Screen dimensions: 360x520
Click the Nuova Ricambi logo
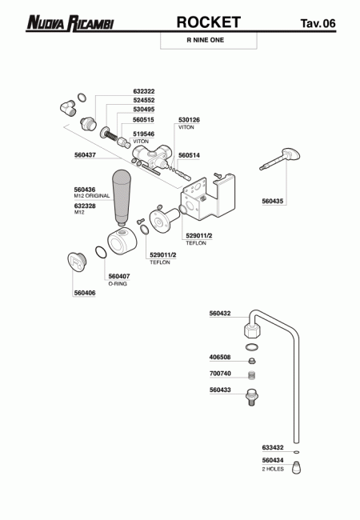click(x=70, y=23)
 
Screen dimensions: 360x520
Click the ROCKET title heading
click(x=209, y=22)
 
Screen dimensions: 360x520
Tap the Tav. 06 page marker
click(x=318, y=23)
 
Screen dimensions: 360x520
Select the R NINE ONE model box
click(x=209, y=41)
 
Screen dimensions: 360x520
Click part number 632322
click(x=144, y=91)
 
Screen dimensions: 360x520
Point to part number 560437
click(x=85, y=155)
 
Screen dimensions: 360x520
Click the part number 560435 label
click(x=273, y=201)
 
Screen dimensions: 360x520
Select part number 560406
click(x=85, y=293)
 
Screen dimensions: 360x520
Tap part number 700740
click(x=220, y=374)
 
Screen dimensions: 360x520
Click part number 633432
click(x=273, y=448)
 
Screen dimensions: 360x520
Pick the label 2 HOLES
click(x=273, y=469)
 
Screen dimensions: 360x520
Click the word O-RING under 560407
click(x=118, y=284)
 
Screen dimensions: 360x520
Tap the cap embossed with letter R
click(x=77, y=262)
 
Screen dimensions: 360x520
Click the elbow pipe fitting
click(x=68, y=107)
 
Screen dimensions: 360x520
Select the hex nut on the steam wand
click(x=252, y=329)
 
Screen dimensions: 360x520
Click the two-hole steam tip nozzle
click(x=296, y=468)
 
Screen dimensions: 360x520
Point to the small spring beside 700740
click(x=252, y=375)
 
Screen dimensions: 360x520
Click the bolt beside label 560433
click(x=252, y=397)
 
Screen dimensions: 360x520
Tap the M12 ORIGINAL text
click(x=92, y=196)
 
